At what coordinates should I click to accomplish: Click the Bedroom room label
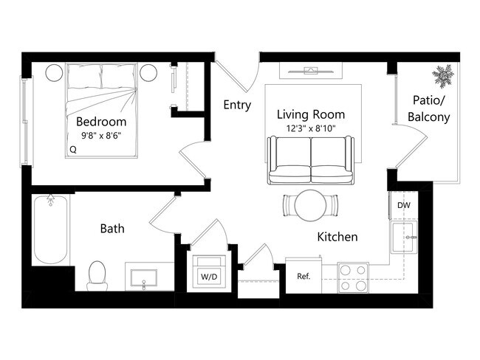pos(101,122)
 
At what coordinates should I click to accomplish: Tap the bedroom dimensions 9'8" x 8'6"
pos(101,136)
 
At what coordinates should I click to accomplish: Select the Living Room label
pos(310,115)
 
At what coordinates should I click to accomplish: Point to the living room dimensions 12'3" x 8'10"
pos(310,128)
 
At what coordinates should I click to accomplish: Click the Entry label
pos(237,105)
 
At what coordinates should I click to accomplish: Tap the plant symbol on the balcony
pos(443,75)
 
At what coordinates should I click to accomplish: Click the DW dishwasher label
pos(404,206)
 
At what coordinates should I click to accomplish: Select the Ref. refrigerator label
pos(303,277)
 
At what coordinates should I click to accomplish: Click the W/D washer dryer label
pos(210,277)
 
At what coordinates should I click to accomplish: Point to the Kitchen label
pos(337,237)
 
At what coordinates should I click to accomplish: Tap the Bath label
pos(112,229)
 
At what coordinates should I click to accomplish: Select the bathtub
pos(50,228)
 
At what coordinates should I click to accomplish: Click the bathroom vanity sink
pos(143,278)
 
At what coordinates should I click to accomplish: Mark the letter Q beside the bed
pos(72,149)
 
